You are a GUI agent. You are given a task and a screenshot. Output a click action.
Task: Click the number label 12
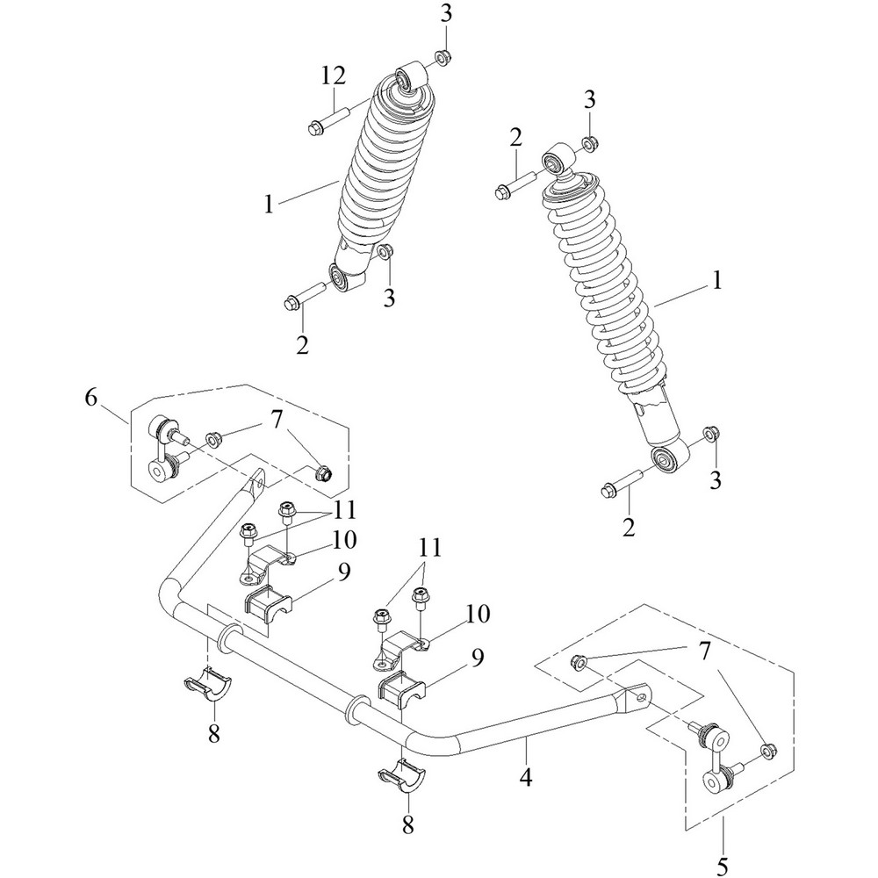[x=332, y=78]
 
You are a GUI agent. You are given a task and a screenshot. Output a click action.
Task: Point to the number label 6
[x=91, y=398]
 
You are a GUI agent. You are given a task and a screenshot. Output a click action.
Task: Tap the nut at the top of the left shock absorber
[x=443, y=59]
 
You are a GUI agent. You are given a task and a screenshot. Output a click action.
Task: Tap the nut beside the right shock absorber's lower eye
[x=711, y=435]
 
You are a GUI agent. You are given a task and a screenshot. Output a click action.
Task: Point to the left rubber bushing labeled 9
[x=268, y=605]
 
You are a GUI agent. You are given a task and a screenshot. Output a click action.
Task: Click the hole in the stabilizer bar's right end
[x=643, y=696]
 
